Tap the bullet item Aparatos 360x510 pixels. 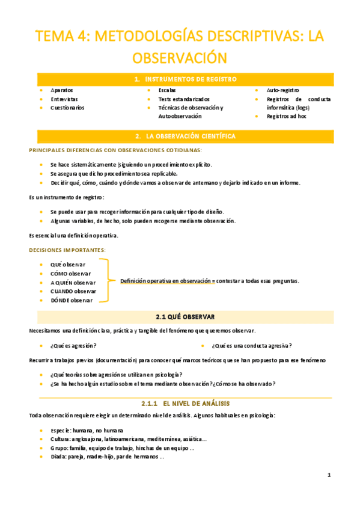(63, 90)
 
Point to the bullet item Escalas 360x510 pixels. (167, 90)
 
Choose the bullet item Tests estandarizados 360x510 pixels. (184, 99)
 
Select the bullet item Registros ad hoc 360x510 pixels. (287, 116)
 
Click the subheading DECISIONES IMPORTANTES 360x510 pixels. (67, 250)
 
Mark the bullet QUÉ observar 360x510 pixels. (68, 265)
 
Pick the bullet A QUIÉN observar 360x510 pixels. (73, 282)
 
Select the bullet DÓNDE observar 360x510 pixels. (72, 300)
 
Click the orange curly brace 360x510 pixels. (107, 280)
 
